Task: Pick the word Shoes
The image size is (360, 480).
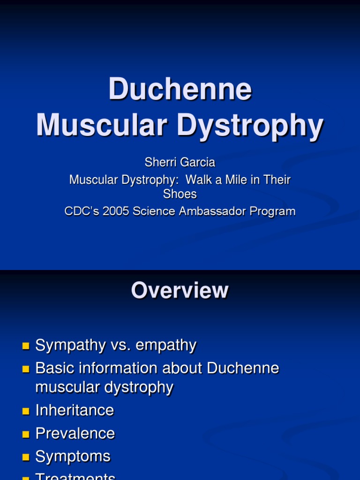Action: pyautogui.click(x=180, y=193)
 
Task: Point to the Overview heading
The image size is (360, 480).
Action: pyautogui.click(x=180, y=291)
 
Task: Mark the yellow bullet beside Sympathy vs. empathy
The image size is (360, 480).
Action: pyautogui.click(x=26, y=347)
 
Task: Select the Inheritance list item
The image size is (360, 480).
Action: pyautogui.click(x=75, y=411)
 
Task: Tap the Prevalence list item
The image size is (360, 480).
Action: pyautogui.click(x=75, y=434)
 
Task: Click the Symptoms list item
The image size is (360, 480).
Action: pyautogui.click(x=73, y=457)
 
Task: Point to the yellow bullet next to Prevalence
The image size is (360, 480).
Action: pyautogui.click(x=26, y=435)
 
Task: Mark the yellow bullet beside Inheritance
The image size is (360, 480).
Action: pyautogui.click(x=26, y=412)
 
